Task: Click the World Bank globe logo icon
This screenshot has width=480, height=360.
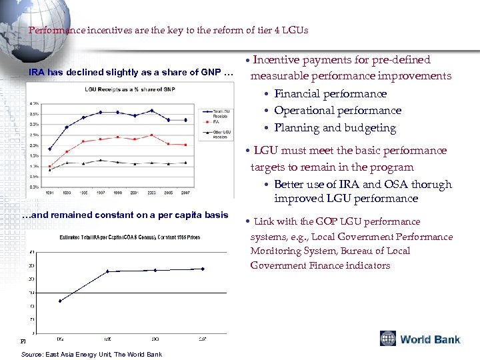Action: (388, 339)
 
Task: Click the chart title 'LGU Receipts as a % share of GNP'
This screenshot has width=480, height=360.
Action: (129, 89)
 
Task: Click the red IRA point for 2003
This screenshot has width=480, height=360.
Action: (152, 135)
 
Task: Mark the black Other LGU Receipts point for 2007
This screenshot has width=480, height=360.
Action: (185, 163)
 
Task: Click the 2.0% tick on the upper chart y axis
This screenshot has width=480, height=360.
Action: (33, 145)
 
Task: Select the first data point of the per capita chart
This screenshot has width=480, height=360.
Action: (60, 301)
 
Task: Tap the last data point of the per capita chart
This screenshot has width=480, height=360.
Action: (203, 269)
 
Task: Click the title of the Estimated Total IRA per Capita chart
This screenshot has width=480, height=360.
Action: (130, 237)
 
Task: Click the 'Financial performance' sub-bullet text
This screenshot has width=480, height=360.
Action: (330, 94)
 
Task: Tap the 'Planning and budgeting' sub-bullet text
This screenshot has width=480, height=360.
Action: (335, 128)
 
